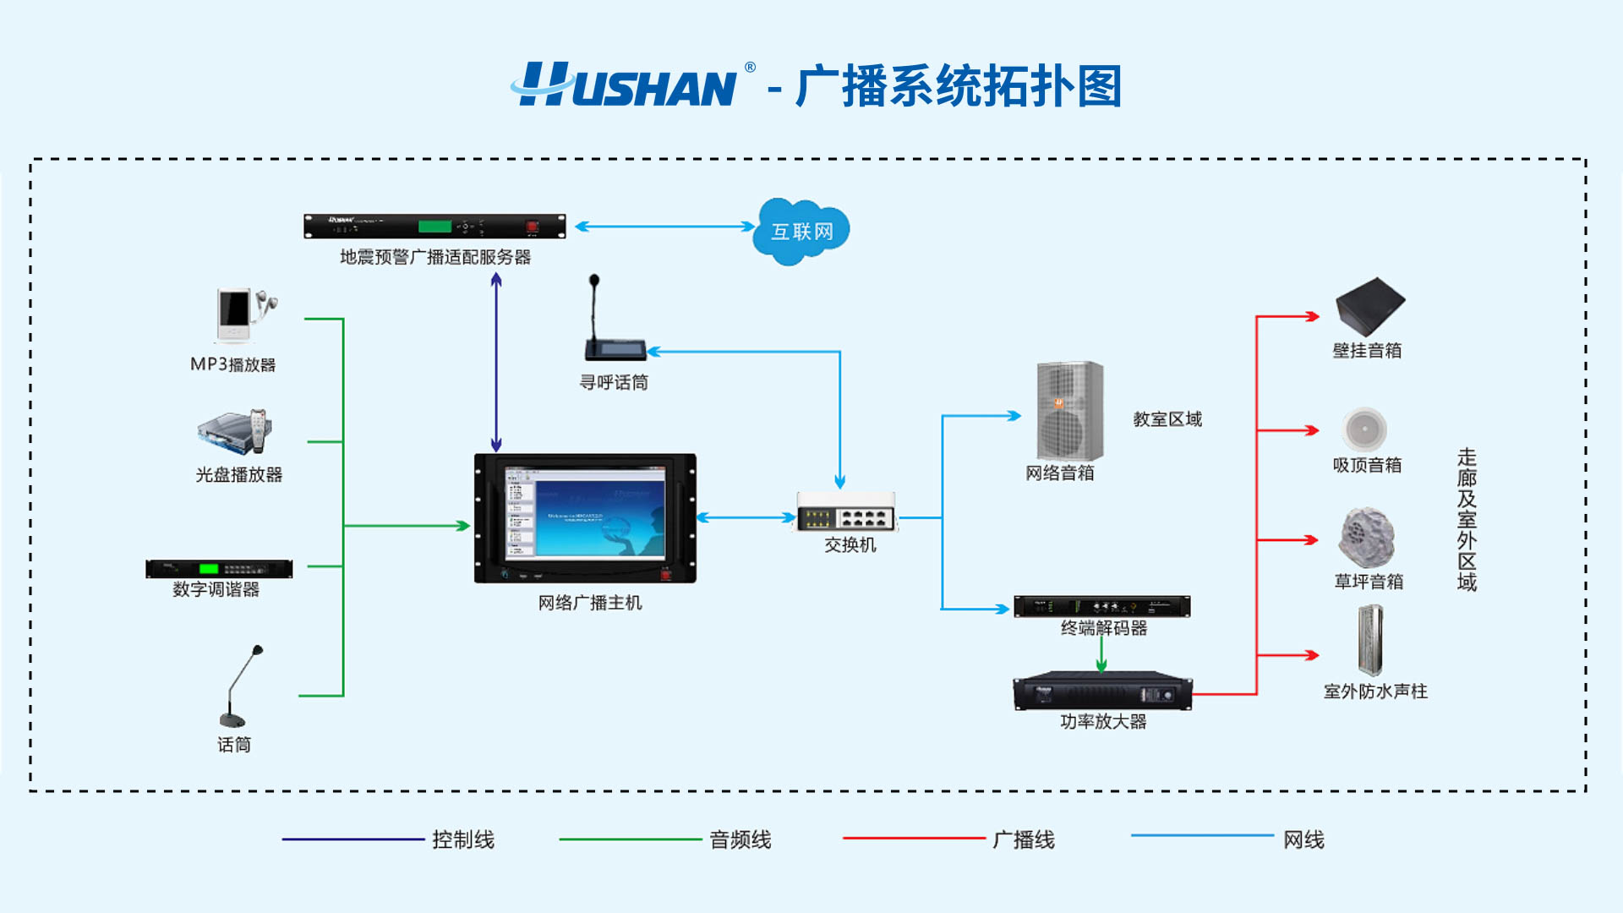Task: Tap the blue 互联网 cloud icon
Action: click(801, 231)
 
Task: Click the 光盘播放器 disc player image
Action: click(237, 433)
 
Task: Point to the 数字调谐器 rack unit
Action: click(219, 569)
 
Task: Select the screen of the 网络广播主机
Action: click(585, 512)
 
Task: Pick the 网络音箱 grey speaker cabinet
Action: click(1069, 411)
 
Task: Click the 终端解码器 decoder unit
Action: click(1101, 606)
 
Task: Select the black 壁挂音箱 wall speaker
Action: click(1369, 306)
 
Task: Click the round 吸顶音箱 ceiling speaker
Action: click(1364, 429)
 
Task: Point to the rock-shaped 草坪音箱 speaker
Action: click(1366, 538)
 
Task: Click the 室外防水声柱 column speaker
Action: click(1369, 640)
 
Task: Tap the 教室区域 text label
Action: click(1167, 419)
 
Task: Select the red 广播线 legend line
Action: click(914, 838)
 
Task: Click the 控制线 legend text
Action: click(463, 839)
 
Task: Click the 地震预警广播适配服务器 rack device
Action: click(434, 227)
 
